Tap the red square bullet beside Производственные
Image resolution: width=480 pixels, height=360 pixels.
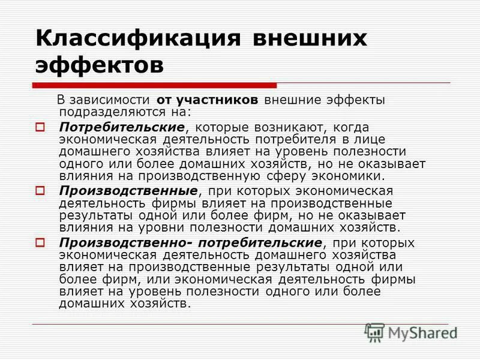(41, 191)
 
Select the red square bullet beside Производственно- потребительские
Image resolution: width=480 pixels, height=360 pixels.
(41, 242)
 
